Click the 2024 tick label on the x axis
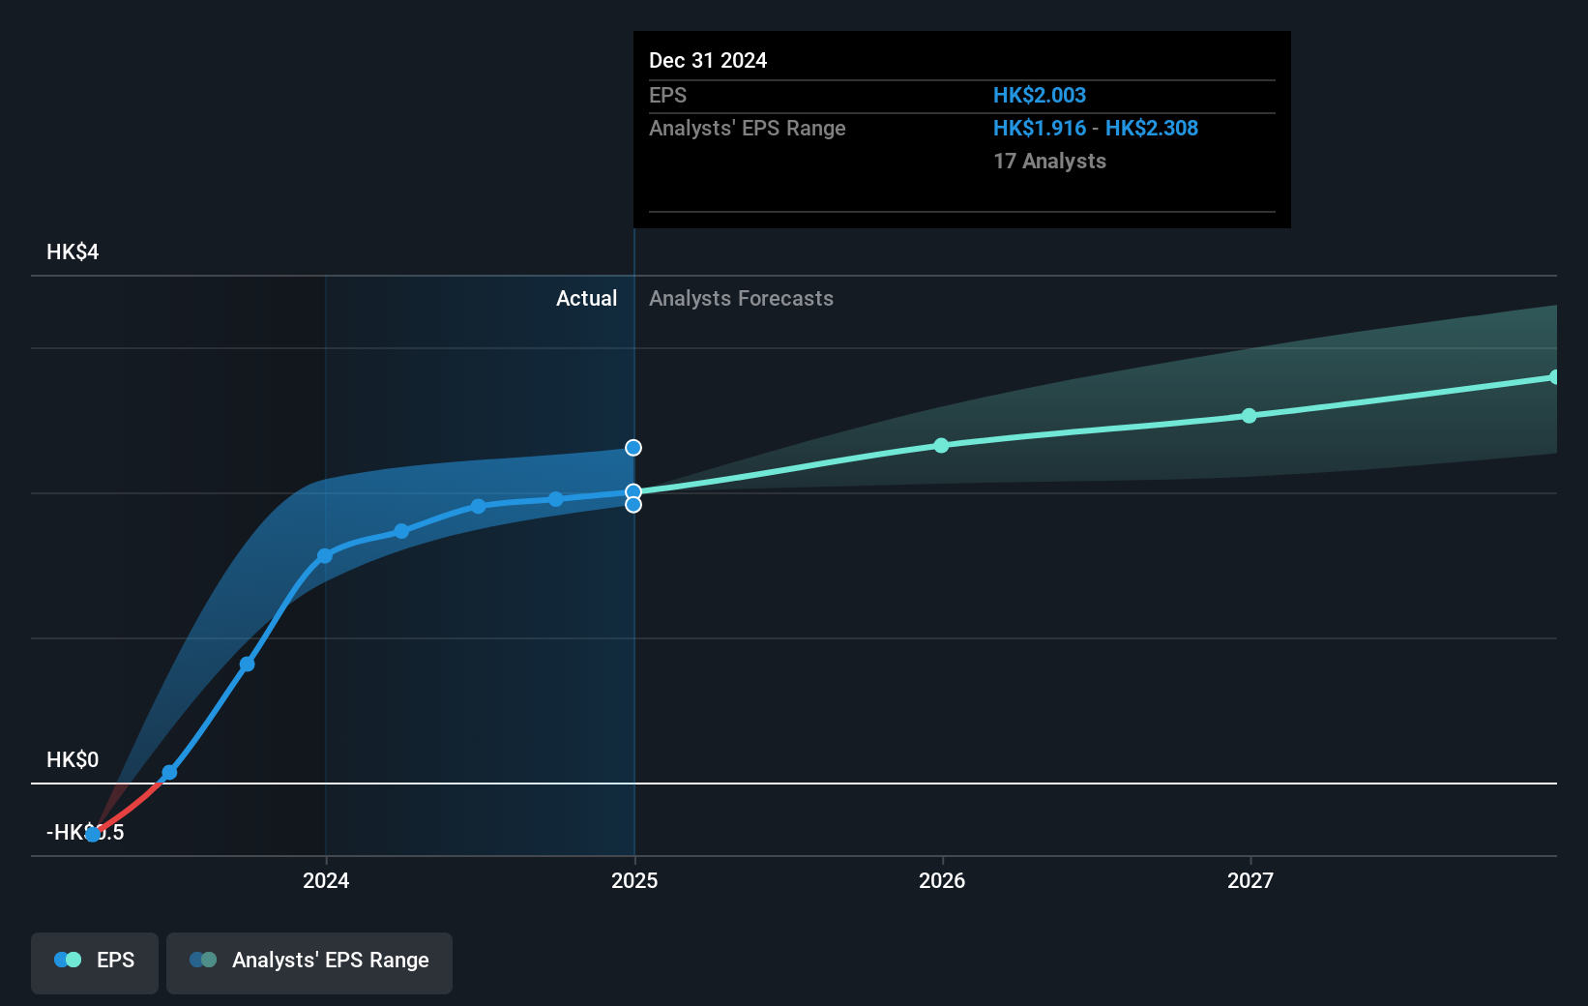tap(326, 880)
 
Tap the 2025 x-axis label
tap(634, 880)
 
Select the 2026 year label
tap(942, 880)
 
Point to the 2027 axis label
tap(1250, 880)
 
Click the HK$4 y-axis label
tap(73, 252)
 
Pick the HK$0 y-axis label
tap(73, 760)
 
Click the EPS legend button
tap(95, 961)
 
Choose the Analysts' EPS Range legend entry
tap(309, 961)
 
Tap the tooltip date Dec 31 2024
tap(708, 61)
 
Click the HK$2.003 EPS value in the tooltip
tap(1040, 96)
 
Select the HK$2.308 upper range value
tap(1152, 129)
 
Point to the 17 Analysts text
tap(1049, 162)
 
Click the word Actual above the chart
tap(586, 299)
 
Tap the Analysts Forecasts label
tap(741, 299)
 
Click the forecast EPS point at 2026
tap(942, 446)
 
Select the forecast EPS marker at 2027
tap(1250, 416)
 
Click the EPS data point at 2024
tap(325, 556)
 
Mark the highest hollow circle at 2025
tap(633, 448)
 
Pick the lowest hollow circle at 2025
tap(633, 505)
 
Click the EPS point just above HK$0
tap(169, 773)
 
